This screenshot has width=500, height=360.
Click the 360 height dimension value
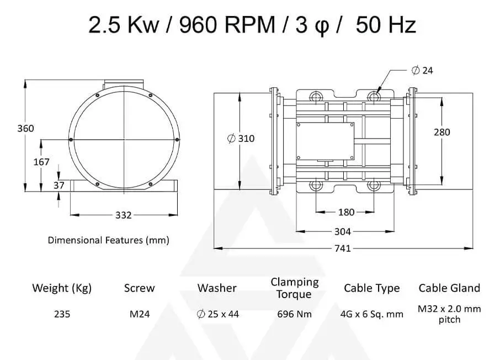click(25, 128)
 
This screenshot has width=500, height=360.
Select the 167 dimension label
click(41, 162)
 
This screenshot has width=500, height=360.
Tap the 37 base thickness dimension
click(59, 186)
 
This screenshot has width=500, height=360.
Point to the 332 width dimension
click(124, 215)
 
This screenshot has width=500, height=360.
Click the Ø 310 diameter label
click(241, 139)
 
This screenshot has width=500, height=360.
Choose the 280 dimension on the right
click(442, 132)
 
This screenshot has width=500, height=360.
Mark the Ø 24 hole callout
click(422, 70)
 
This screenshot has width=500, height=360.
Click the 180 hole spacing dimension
click(346, 212)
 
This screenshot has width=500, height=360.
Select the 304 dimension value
click(343, 232)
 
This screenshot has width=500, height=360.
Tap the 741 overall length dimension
click(343, 248)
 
